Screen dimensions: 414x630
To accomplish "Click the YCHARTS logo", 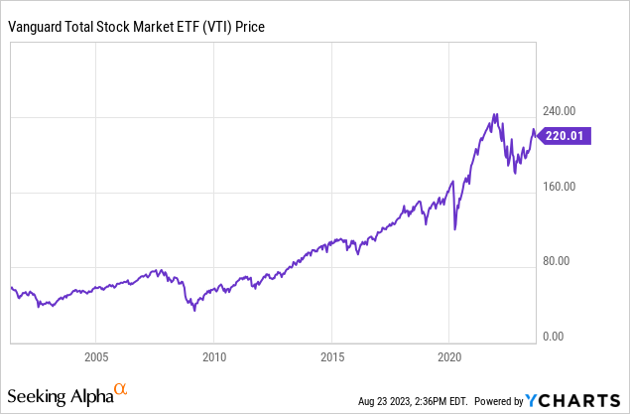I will click(x=576, y=400).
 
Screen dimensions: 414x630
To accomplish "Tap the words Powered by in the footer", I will click(x=499, y=401).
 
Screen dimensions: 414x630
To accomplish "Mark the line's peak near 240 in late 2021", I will click(x=495, y=114).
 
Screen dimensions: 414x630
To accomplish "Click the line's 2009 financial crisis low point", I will click(x=194, y=310).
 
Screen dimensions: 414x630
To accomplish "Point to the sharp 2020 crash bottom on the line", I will click(x=455, y=229).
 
